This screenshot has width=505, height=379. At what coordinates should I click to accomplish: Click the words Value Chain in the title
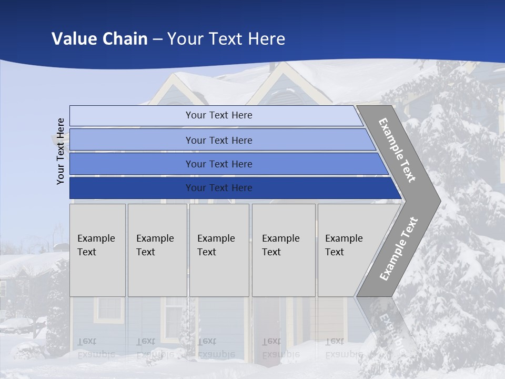pyautogui.click(x=99, y=39)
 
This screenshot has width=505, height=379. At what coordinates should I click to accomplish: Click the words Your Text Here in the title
pyautogui.click(x=226, y=39)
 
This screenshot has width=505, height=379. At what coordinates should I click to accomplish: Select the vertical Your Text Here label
pyautogui.click(x=60, y=151)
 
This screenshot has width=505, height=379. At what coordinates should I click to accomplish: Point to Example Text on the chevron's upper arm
pyautogui.click(x=397, y=150)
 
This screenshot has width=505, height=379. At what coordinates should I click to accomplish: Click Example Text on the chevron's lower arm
pyautogui.click(x=398, y=248)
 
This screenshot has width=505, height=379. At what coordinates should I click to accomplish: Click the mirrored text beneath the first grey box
pyautogui.click(x=96, y=348)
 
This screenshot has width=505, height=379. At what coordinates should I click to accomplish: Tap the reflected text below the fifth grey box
pyautogui.click(x=344, y=348)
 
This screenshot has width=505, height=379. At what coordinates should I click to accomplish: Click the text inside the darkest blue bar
pyautogui.click(x=219, y=188)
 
